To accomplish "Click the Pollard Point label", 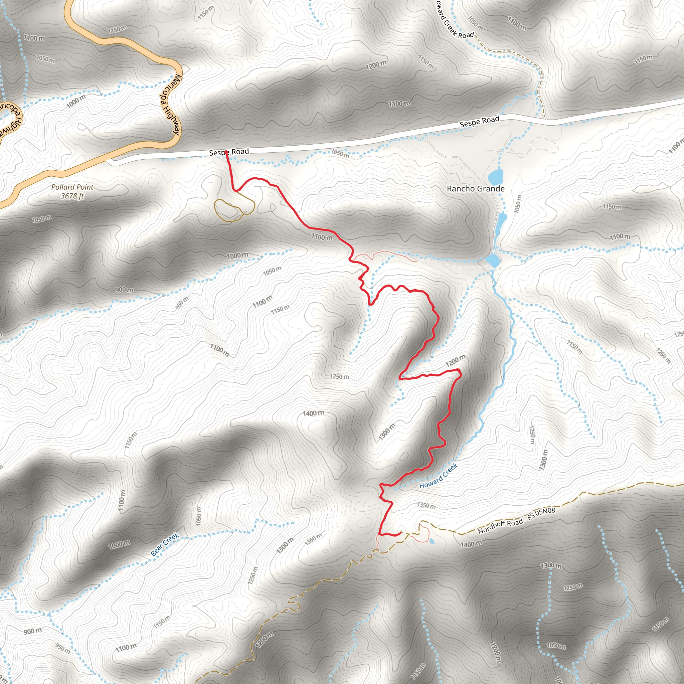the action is click(72, 187).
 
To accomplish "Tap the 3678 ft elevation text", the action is click(72, 196).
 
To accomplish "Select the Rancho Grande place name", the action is click(476, 189).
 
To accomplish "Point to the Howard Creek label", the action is click(438, 476).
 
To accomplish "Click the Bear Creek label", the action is click(165, 545).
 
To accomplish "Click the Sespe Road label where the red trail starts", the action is click(229, 152).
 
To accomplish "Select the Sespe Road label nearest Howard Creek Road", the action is click(479, 122).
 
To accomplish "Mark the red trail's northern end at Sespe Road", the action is click(226, 152).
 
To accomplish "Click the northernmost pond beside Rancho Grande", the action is click(495, 176).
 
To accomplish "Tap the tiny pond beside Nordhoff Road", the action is click(432, 541).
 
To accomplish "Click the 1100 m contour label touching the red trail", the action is click(322, 237).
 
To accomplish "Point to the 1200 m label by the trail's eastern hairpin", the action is click(455, 361).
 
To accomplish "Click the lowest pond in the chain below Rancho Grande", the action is click(493, 261).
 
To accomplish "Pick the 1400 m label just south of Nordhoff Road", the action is click(471, 544).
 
